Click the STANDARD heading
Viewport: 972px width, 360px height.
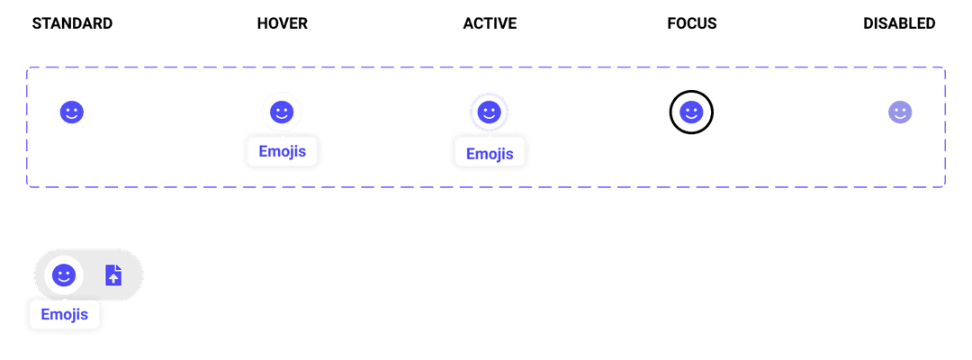coord(72,23)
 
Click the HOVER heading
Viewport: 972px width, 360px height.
coord(282,23)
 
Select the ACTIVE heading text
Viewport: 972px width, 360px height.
coord(490,23)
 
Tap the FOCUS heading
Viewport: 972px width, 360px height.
coord(691,23)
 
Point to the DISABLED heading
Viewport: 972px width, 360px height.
coord(899,23)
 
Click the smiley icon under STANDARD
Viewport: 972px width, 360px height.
coord(72,112)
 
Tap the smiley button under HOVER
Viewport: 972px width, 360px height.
coord(282,112)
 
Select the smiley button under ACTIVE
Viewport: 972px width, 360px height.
coord(489,112)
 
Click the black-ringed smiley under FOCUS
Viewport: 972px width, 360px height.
coord(690,112)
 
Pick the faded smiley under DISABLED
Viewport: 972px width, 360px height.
coord(900,112)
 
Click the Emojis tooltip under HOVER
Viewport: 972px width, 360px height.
coord(282,151)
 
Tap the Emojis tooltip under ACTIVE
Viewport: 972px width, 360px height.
coord(489,153)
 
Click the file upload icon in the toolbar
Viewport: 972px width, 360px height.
coord(113,275)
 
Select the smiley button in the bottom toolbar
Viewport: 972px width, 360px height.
coord(63,275)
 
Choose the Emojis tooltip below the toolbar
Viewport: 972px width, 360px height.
coord(64,315)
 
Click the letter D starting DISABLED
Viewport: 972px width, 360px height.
coord(868,23)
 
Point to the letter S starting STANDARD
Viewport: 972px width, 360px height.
coord(36,23)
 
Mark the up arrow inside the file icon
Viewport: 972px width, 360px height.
coord(113,278)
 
